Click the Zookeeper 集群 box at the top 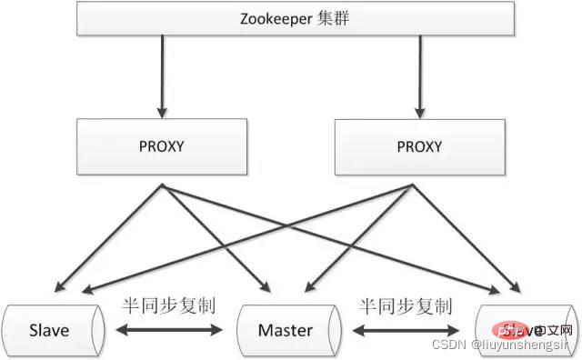point(291,18)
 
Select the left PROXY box point(162,145)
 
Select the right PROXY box point(419,145)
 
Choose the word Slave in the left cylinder point(51,329)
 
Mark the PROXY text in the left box point(162,145)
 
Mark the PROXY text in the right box point(419,145)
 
